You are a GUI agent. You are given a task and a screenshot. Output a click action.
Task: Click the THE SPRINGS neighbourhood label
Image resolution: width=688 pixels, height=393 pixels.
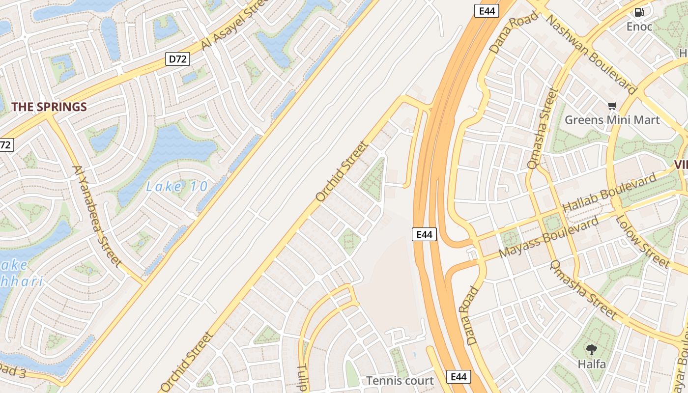click(49, 107)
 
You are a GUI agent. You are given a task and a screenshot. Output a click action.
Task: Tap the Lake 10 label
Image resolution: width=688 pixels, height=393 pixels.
click(177, 187)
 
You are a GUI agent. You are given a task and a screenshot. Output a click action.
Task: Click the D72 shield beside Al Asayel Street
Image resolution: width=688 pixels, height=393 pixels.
click(177, 59)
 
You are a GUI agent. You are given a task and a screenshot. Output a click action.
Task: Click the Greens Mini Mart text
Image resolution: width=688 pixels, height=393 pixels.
click(612, 120)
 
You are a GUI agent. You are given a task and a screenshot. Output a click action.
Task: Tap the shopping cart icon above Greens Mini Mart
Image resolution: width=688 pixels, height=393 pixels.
click(612, 106)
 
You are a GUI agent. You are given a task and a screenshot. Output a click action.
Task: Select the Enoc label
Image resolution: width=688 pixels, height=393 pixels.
click(639, 27)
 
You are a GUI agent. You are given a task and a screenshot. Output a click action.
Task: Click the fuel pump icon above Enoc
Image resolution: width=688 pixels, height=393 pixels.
click(639, 12)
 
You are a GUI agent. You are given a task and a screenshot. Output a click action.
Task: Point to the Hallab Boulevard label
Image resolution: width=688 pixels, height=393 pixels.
click(610, 194)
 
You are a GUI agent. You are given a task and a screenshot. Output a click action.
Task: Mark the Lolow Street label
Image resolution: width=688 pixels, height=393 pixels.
click(642, 241)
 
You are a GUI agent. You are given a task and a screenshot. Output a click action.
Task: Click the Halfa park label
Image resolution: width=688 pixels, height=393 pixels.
click(592, 364)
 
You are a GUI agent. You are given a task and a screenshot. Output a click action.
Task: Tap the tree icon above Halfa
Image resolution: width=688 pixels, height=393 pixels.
click(592, 350)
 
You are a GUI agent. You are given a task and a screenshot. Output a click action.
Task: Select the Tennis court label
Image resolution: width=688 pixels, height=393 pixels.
click(400, 381)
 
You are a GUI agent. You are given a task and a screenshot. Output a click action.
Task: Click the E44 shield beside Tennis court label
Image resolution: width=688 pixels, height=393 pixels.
click(459, 377)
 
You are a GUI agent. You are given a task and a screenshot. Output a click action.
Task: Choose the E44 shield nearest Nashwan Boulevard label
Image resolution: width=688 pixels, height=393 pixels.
click(487, 11)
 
